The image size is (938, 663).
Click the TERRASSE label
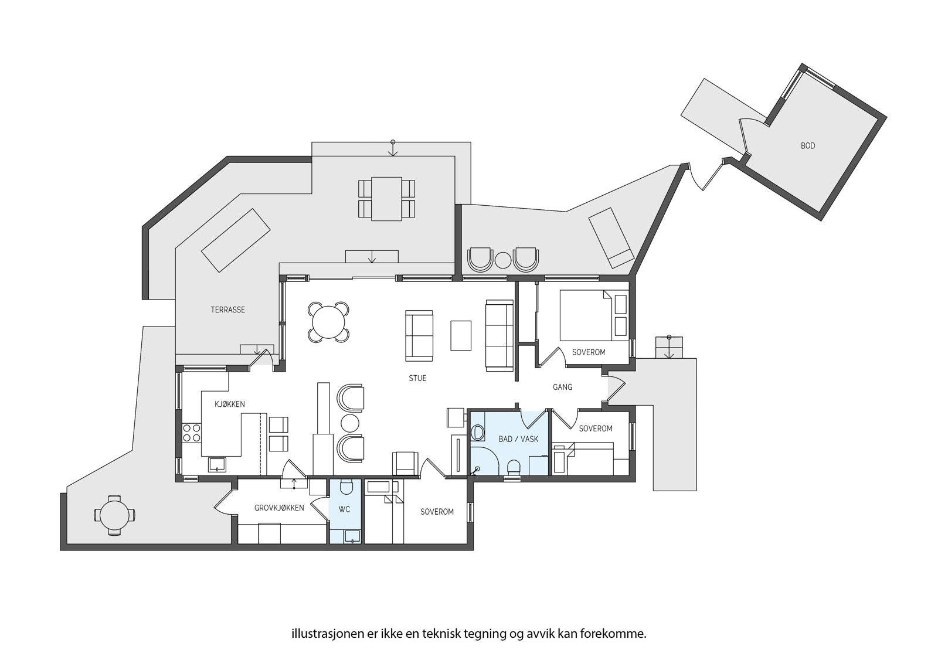click(x=227, y=310)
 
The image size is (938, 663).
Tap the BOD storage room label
click(x=807, y=145)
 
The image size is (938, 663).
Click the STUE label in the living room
click(x=417, y=378)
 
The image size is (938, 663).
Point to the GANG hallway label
click(x=562, y=387)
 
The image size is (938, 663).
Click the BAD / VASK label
click(x=518, y=438)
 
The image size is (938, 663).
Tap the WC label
click(x=344, y=509)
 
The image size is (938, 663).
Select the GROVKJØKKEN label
click(x=279, y=508)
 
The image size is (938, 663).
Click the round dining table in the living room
click(x=329, y=321)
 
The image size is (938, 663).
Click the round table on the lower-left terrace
click(x=115, y=516)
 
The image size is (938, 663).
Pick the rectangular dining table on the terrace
click(x=386, y=198)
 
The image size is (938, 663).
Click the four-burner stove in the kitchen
click(x=191, y=433)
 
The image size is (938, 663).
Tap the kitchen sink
click(x=217, y=464)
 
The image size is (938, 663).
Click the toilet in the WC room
click(x=345, y=488)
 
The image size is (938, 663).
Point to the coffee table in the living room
click(x=461, y=335)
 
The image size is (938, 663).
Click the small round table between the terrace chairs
click(x=503, y=260)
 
